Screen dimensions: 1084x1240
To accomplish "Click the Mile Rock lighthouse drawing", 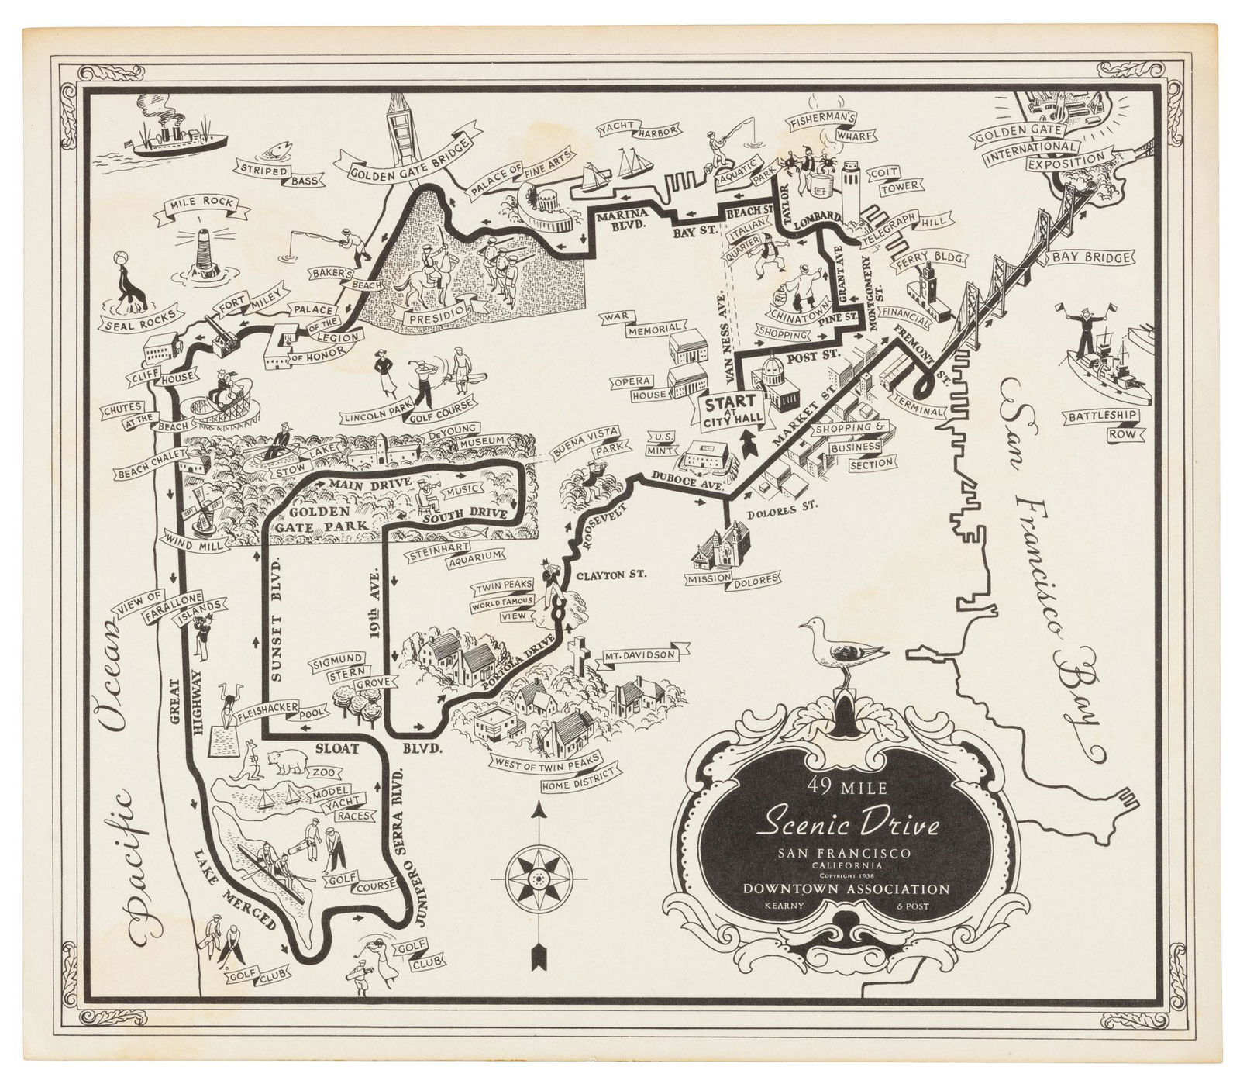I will click(x=204, y=251).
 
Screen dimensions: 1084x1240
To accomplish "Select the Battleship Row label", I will click(x=1101, y=425).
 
